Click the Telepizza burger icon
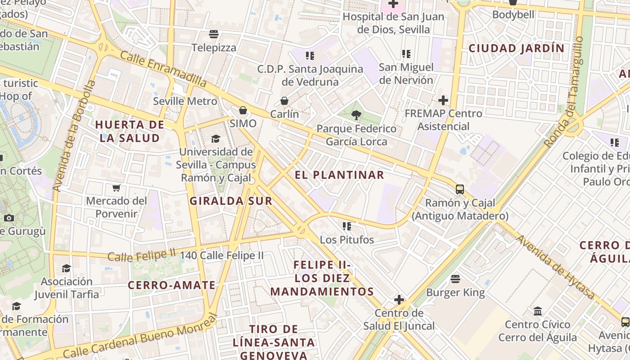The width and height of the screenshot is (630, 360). coord(214,34)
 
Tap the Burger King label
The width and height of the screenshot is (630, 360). coord(455,293)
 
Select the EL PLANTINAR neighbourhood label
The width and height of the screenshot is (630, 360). coord(340,175)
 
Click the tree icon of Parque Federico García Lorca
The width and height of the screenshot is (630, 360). coord(356,115)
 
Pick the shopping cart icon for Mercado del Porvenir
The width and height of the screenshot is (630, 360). coord(117,188)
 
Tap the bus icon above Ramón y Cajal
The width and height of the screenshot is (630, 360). coord(460,189)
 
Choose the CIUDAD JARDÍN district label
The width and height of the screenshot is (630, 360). coord(517,49)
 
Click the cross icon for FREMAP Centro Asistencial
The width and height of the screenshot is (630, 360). coord(443,100)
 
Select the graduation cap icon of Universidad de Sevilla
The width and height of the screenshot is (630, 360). coord(216,139)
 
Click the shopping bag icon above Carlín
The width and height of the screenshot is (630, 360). coord(284,100)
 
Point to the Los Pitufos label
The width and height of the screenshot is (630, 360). coord(347,240)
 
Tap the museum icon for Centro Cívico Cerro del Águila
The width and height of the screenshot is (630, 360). coord(538,311)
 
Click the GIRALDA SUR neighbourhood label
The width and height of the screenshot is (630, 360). coord(231,201)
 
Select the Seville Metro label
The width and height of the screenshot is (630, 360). coord(185,101)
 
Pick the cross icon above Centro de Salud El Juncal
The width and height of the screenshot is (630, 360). coord(399,300)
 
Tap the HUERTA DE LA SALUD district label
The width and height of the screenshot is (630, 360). coord(130,131)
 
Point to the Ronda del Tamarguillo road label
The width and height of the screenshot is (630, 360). coord(564,91)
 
